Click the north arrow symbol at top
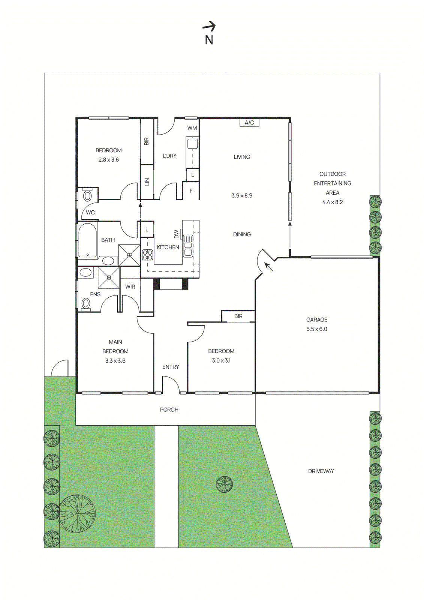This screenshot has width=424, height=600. tap(209, 27)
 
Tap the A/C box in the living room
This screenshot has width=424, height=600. tap(249, 123)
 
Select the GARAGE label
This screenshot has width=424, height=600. tap(316, 319)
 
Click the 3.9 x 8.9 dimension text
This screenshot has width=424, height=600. tap(242, 195)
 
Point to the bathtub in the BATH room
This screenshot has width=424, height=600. tap(88, 240)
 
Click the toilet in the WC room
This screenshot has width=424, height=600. tap(87, 195)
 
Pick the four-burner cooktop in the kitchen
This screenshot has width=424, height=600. tap(147, 255)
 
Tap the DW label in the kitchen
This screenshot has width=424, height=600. tap(177, 234)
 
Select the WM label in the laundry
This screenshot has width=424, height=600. tap(192, 128)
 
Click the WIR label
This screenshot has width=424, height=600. tap(130, 286)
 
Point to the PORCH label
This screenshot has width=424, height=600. tap(169, 409)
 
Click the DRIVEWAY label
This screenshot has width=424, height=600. tap(321, 471)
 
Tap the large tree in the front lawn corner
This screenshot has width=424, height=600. tap(77, 513)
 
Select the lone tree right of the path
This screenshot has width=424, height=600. tap(224, 484)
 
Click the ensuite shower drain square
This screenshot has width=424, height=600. tap(109, 277)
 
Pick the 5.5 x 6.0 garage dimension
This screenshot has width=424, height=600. tap(316, 329)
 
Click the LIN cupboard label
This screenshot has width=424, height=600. tap(147, 182)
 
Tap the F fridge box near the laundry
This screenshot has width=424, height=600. tap(191, 191)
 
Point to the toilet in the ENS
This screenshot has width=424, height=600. tap(86, 303)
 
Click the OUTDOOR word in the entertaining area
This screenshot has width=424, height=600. tap(332, 174)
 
